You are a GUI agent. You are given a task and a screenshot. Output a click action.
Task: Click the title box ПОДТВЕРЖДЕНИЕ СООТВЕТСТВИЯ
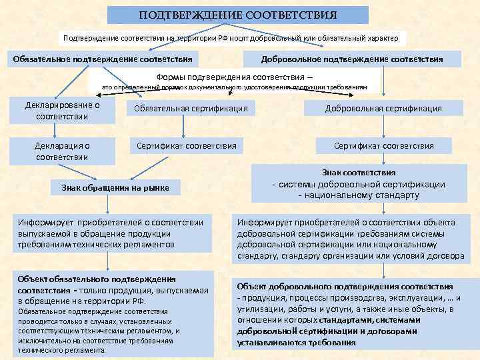(x=238, y=15)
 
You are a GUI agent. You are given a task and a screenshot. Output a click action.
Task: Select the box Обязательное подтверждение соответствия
(x=103, y=59)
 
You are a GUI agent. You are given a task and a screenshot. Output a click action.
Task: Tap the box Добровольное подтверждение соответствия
(x=352, y=59)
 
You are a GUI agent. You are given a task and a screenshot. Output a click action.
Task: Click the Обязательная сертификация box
(x=191, y=108)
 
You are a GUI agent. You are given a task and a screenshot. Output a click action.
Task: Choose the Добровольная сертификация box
(x=383, y=108)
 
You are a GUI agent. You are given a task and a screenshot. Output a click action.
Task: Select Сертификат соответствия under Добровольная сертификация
(x=383, y=145)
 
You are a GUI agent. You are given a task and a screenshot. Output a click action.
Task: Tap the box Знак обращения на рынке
(x=115, y=188)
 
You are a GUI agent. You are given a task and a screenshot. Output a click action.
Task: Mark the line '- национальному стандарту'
(x=359, y=195)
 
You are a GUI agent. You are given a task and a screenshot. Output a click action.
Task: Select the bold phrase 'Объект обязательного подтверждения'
(x=97, y=279)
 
